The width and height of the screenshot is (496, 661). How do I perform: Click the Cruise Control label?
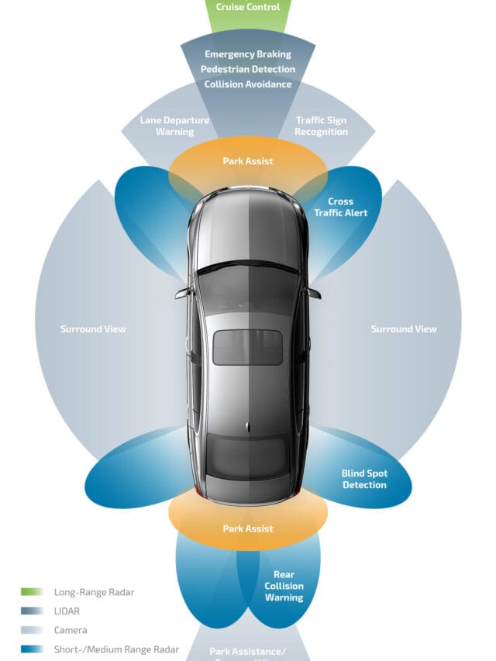pos(248,6)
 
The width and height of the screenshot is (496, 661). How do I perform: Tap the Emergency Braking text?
pos(248,54)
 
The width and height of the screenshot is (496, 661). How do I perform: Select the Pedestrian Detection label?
pos(248,69)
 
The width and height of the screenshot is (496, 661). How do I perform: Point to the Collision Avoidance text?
pos(248,84)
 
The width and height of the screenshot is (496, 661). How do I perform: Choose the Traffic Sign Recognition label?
pos(322,126)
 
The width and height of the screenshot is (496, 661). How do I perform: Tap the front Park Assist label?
pos(248,161)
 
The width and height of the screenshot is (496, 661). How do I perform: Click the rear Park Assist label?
pos(248,528)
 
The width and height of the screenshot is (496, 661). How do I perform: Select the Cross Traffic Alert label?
pos(341,207)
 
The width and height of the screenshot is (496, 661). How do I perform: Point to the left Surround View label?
pos(93,329)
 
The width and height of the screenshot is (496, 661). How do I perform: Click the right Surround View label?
pos(404,329)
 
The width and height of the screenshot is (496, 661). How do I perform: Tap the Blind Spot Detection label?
pos(364,479)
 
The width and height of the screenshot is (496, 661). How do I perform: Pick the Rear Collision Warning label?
pos(284,586)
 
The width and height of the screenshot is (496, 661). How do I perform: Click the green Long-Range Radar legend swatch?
pos(32,592)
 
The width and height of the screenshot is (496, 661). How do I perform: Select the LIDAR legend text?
pos(67,611)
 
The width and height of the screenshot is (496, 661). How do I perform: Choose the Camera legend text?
pos(71,631)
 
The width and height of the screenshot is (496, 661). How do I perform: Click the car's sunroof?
pos(248,347)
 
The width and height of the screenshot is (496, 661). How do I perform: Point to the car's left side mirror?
pos(184,294)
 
